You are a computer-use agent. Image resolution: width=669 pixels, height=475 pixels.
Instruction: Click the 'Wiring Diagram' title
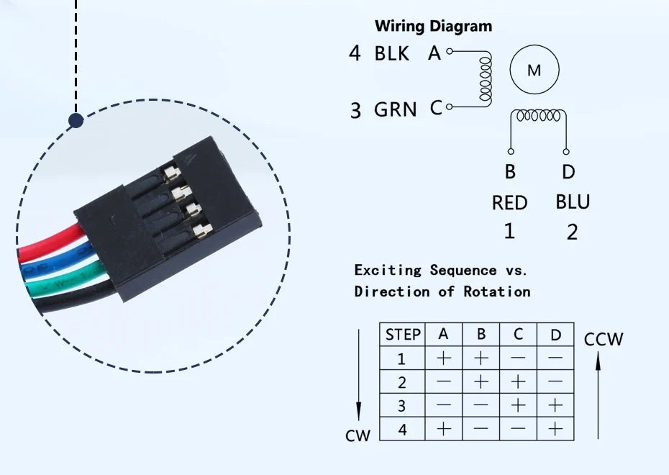coord(433,27)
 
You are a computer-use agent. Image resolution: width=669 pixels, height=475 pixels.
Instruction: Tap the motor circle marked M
coord(534,71)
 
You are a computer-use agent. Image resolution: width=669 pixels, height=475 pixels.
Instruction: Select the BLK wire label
coord(392,53)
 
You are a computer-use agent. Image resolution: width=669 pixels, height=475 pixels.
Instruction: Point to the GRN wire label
coord(395,109)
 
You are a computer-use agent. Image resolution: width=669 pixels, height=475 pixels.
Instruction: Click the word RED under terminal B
coord(509,203)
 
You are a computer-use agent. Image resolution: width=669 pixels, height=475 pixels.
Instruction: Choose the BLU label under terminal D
coord(573,202)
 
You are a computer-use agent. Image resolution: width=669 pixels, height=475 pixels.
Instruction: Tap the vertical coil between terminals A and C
coord(486,79)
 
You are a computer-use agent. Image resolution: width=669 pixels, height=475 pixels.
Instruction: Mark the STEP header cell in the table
coord(403,335)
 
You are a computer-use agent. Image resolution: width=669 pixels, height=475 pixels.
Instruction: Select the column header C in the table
coord(518,335)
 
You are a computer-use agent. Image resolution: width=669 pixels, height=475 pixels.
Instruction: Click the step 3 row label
coord(402,406)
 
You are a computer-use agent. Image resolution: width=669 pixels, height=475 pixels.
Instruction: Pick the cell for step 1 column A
coord(444,358)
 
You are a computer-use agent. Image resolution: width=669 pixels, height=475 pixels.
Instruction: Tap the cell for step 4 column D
coord(555,429)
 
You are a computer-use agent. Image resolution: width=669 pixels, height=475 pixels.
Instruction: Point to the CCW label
coord(604,339)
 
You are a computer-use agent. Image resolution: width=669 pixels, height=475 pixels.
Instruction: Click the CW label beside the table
coord(358,435)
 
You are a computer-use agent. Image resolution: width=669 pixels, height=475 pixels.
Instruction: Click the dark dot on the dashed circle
coord(76,120)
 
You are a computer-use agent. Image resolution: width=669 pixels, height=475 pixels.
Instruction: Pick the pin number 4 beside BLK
coord(355,53)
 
